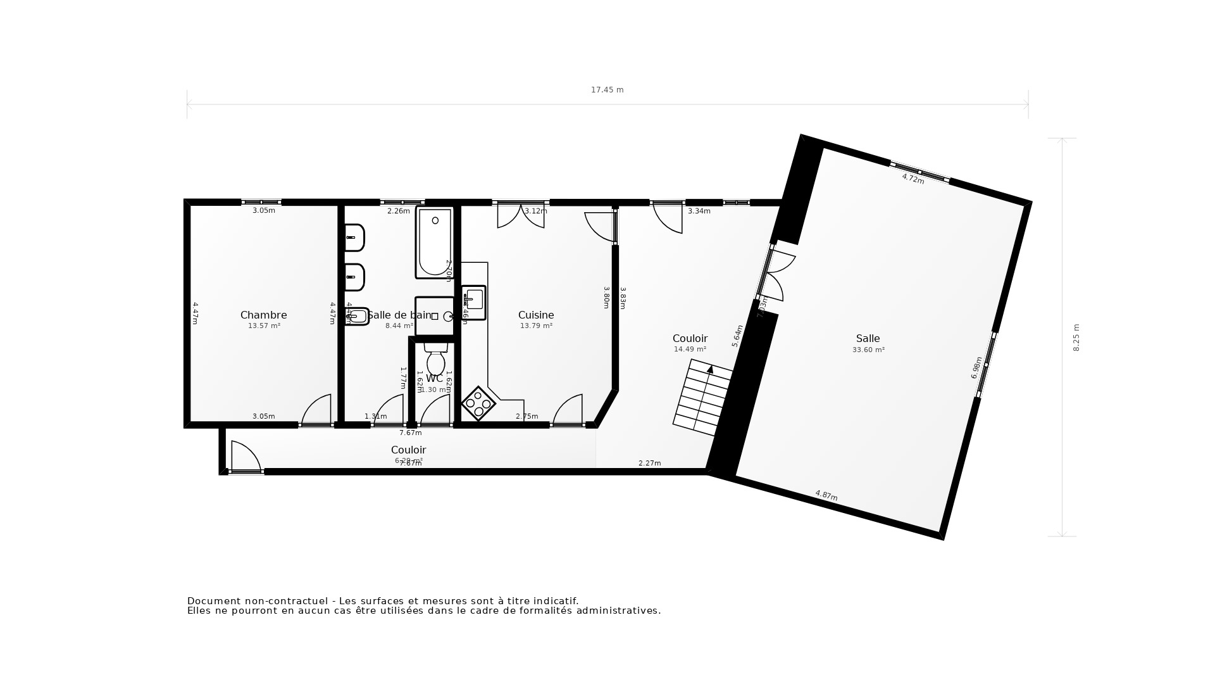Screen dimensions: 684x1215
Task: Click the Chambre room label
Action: click(x=263, y=315)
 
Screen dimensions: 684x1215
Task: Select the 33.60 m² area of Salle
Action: click(x=868, y=350)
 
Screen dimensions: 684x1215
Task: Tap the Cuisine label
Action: click(x=536, y=315)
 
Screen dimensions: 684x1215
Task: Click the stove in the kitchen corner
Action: click(x=478, y=403)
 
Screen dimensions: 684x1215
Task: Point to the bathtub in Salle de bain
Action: click(x=434, y=243)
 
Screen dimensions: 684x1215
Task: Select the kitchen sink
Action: click(x=473, y=302)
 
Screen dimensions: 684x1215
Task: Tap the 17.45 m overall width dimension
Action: click(x=607, y=90)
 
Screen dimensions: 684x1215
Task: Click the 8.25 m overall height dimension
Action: click(x=1076, y=337)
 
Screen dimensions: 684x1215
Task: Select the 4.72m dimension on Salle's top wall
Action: click(x=913, y=179)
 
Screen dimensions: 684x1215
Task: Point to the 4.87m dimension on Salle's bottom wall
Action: click(x=826, y=495)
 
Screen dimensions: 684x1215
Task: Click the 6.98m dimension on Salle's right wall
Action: click(x=976, y=367)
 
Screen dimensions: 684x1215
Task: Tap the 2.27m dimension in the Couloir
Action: click(x=649, y=463)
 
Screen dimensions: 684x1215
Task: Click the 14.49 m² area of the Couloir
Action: click(x=690, y=350)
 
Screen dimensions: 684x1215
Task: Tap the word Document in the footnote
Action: click(x=210, y=601)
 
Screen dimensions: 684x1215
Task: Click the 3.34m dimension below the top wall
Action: click(x=699, y=211)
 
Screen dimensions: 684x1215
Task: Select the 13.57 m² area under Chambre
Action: click(x=264, y=326)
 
